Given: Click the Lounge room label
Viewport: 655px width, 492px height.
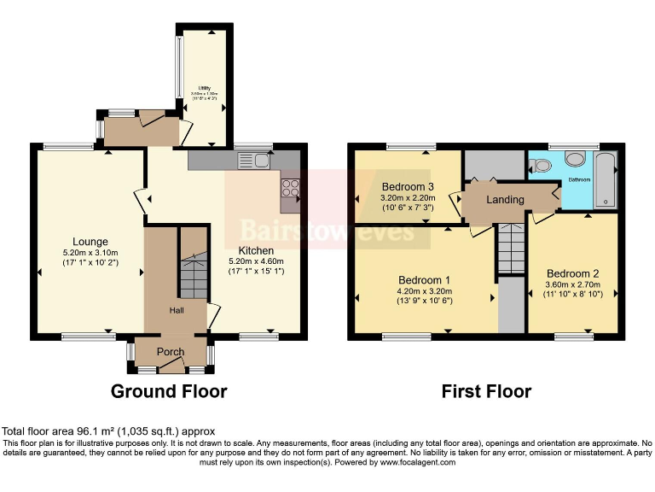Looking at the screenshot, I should (x=90, y=241).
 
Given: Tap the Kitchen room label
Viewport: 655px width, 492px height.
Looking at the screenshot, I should (x=256, y=250).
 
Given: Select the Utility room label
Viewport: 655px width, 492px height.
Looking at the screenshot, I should (x=205, y=88).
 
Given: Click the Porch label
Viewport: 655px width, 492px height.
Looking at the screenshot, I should (x=171, y=352).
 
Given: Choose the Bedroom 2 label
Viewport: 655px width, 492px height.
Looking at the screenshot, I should (x=574, y=275).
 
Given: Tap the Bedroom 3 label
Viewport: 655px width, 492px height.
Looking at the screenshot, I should (x=408, y=187).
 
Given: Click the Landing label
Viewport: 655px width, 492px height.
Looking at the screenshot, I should (x=505, y=199).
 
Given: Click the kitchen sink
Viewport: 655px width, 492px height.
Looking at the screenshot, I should (x=253, y=159).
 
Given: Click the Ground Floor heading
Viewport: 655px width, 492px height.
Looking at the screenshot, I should (x=169, y=391).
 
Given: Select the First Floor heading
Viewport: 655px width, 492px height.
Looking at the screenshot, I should (x=486, y=391).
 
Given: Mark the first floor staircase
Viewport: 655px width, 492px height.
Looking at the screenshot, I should (x=512, y=248).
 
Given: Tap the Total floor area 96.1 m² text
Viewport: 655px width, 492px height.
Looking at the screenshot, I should (x=109, y=431).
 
